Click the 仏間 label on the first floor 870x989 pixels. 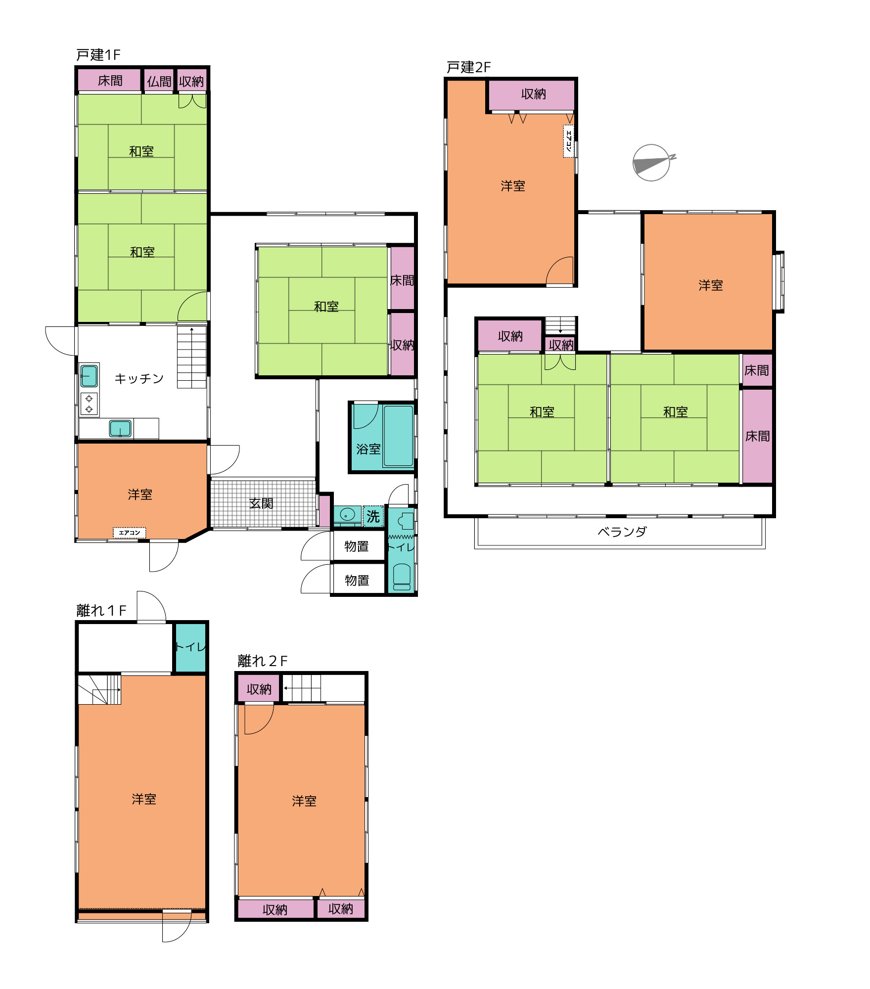click(159, 82)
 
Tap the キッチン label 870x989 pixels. click(139, 379)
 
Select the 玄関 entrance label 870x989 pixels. click(261, 503)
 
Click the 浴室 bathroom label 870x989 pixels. click(368, 449)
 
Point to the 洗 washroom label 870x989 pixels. click(373, 517)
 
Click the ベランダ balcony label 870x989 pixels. click(622, 532)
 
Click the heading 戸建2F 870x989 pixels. click(468, 67)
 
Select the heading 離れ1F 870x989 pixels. click(101, 611)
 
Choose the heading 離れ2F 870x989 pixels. click(263, 661)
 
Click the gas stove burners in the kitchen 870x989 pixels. click(89, 404)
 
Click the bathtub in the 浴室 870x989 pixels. click(398, 436)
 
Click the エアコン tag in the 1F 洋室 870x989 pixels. click(130, 533)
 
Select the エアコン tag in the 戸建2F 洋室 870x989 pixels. click(569, 141)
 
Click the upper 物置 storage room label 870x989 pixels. click(357, 546)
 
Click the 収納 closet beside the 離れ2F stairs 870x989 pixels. click(259, 689)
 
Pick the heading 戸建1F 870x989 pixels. click(98, 55)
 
